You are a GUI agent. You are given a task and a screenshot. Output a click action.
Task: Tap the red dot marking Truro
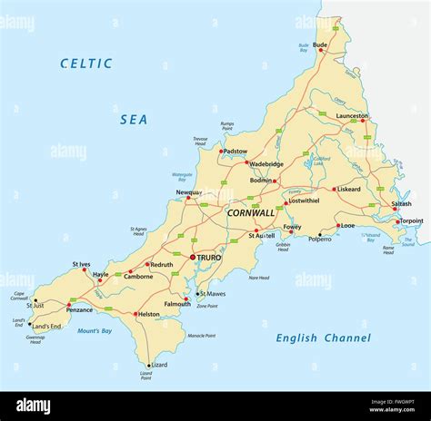(191, 258)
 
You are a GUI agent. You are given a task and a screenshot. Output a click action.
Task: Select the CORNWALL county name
(250, 213)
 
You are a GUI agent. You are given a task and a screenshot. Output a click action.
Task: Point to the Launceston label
(353, 116)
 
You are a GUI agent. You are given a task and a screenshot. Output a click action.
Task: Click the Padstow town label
(234, 152)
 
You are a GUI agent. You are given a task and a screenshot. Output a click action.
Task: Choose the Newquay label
(188, 192)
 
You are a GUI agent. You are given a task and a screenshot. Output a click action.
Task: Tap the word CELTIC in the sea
(86, 64)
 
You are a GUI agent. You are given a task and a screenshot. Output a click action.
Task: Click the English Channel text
(323, 338)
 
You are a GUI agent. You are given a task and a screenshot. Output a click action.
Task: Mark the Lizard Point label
(145, 377)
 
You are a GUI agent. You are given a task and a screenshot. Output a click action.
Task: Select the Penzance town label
(79, 310)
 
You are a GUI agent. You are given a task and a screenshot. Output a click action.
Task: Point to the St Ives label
(81, 265)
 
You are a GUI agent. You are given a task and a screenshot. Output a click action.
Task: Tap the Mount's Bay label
(95, 331)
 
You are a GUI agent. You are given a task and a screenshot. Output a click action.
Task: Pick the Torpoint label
(411, 220)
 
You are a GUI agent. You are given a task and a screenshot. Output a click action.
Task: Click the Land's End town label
(46, 326)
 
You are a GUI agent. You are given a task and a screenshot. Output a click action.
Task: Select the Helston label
(147, 315)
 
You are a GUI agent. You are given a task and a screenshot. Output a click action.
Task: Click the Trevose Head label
(200, 142)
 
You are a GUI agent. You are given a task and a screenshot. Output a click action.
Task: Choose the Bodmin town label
(260, 181)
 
